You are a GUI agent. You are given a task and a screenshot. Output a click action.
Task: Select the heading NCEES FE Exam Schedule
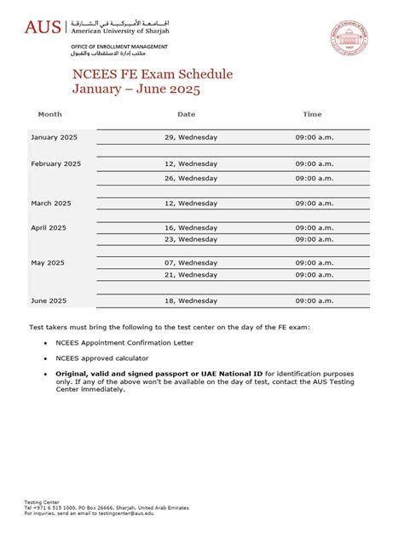click(x=152, y=74)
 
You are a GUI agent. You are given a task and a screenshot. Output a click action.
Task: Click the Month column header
click(x=49, y=113)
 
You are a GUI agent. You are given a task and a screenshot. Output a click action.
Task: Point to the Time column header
click(x=312, y=113)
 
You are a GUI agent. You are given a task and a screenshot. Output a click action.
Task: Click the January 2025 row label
click(x=55, y=137)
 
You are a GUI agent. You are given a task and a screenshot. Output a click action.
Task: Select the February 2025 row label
click(x=56, y=163)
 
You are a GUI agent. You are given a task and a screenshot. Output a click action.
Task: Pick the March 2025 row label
click(x=51, y=203)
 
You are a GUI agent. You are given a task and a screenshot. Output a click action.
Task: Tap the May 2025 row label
click(x=48, y=263)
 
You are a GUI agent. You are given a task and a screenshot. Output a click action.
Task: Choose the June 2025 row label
click(x=49, y=300)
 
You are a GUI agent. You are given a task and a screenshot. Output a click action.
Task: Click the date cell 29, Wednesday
click(x=191, y=137)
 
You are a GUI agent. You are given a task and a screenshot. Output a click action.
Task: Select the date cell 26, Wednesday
click(x=191, y=178)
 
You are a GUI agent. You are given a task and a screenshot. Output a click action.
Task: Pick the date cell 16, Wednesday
click(x=191, y=228)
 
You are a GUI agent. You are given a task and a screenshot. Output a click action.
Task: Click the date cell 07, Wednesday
click(x=191, y=263)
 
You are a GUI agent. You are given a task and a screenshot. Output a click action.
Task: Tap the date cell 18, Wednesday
click(x=191, y=300)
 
